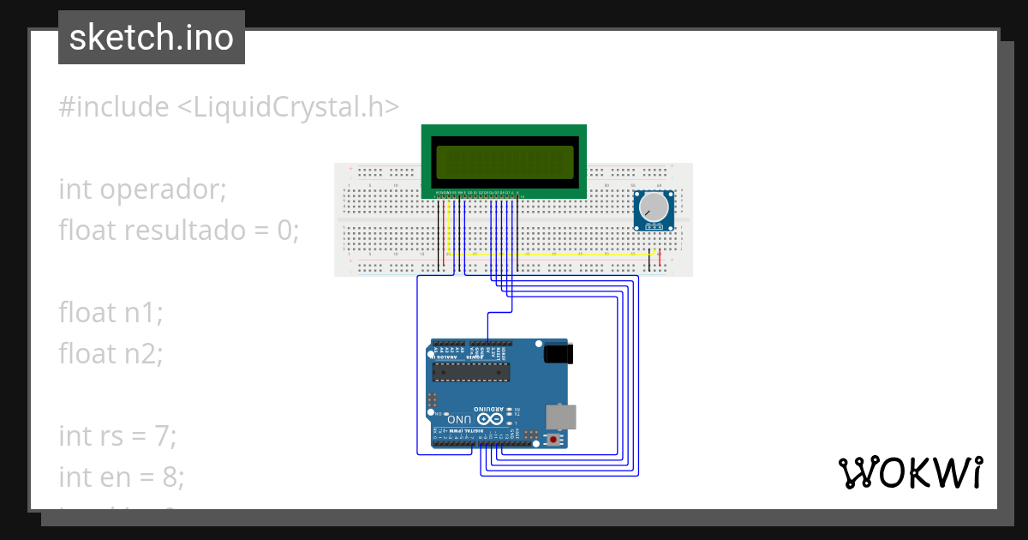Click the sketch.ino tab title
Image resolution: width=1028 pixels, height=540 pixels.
click(x=152, y=38)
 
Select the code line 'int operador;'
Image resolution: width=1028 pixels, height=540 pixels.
click(x=142, y=189)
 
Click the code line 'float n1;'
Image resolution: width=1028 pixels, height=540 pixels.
click(x=111, y=313)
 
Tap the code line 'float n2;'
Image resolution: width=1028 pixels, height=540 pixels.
click(x=111, y=353)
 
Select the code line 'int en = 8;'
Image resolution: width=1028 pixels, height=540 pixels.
click(x=121, y=477)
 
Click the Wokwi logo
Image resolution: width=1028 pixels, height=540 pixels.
click(x=910, y=473)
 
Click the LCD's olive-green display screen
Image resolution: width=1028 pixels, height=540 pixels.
click(x=504, y=163)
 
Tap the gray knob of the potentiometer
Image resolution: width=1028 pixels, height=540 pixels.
click(x=654, y=207)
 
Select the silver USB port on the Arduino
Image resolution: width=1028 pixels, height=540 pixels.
click(x=561, y=416)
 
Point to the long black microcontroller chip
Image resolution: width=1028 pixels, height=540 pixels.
click(x=470, y=370)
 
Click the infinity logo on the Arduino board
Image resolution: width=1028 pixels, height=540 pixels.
click(x=492, y=419)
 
